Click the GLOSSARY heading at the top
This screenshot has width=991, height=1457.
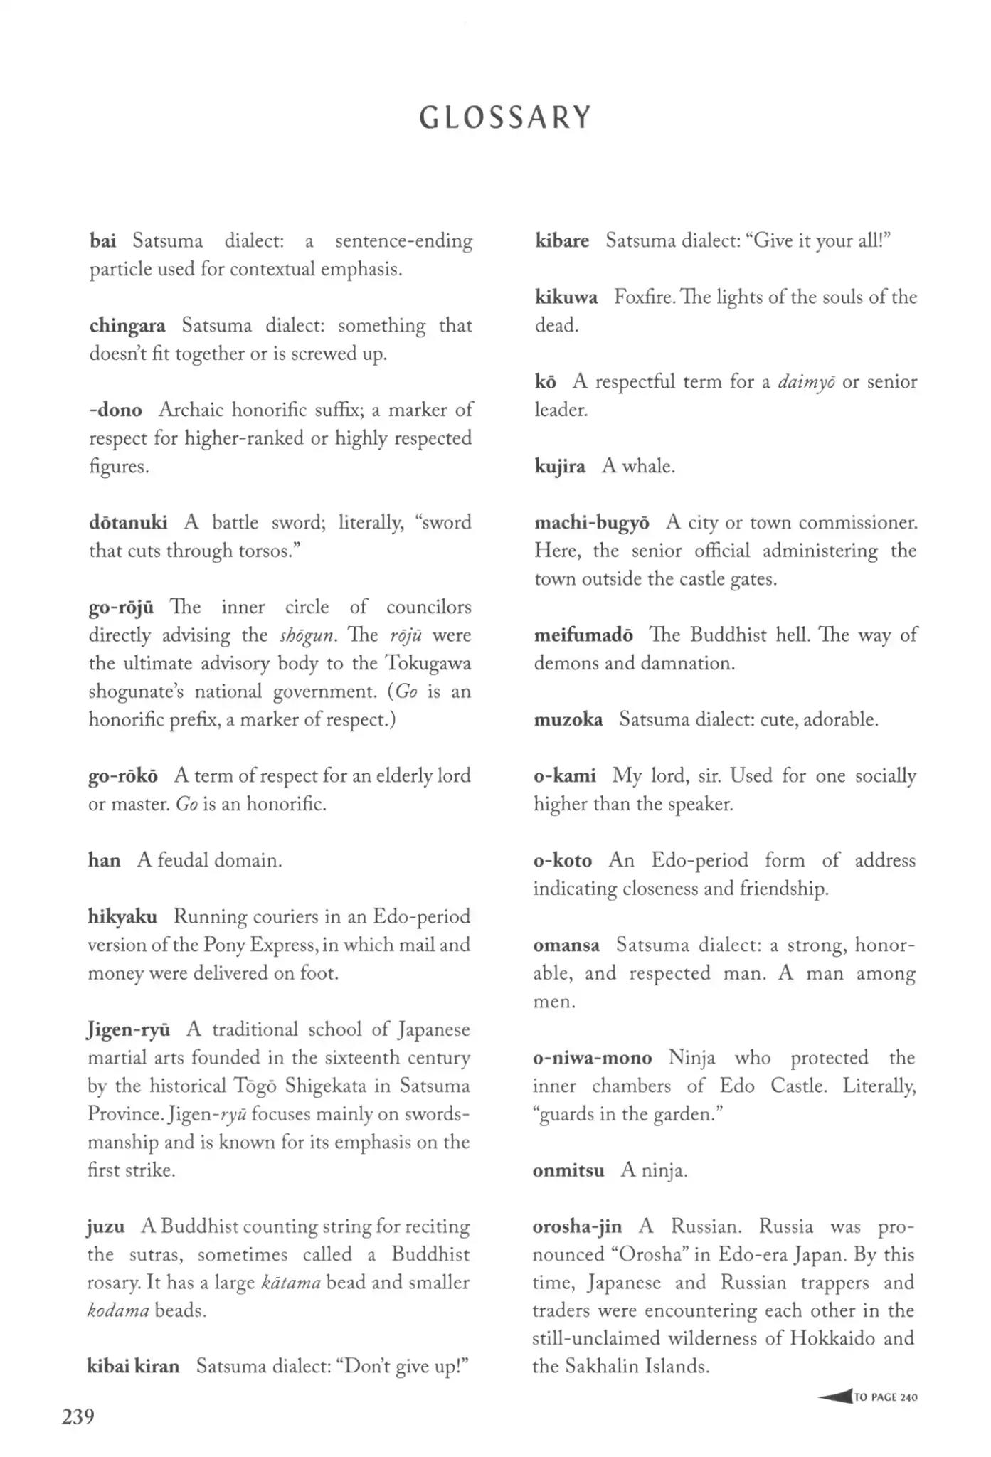click(x=505, y=117)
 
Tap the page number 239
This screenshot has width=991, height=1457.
click(x=78, y=1417)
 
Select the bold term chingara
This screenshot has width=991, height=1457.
click(x=127, y=326)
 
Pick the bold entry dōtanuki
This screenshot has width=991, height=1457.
click(x=128, y=523)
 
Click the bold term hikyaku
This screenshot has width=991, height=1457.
click(x=122, y=916)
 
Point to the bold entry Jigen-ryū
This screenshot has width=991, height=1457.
click(x=129, y=1030)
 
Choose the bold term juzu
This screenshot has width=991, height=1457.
click(x=106, y=1226)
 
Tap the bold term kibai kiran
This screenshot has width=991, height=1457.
click(x=133, y=1366)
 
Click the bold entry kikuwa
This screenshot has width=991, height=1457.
click(x=566, y=297)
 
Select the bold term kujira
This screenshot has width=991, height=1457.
click(x=560, y=467)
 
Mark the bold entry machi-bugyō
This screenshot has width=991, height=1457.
click(x=592, y=523)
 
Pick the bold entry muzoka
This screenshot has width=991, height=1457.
click(x=568, y=719)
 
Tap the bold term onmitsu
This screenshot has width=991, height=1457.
click(x=568, y=1170)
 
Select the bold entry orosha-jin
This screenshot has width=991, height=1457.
click(x=577, y=1226)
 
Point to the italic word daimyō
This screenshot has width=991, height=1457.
click(x=806, y=383)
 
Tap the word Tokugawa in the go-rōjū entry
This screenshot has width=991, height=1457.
click(x=428, y=663)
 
